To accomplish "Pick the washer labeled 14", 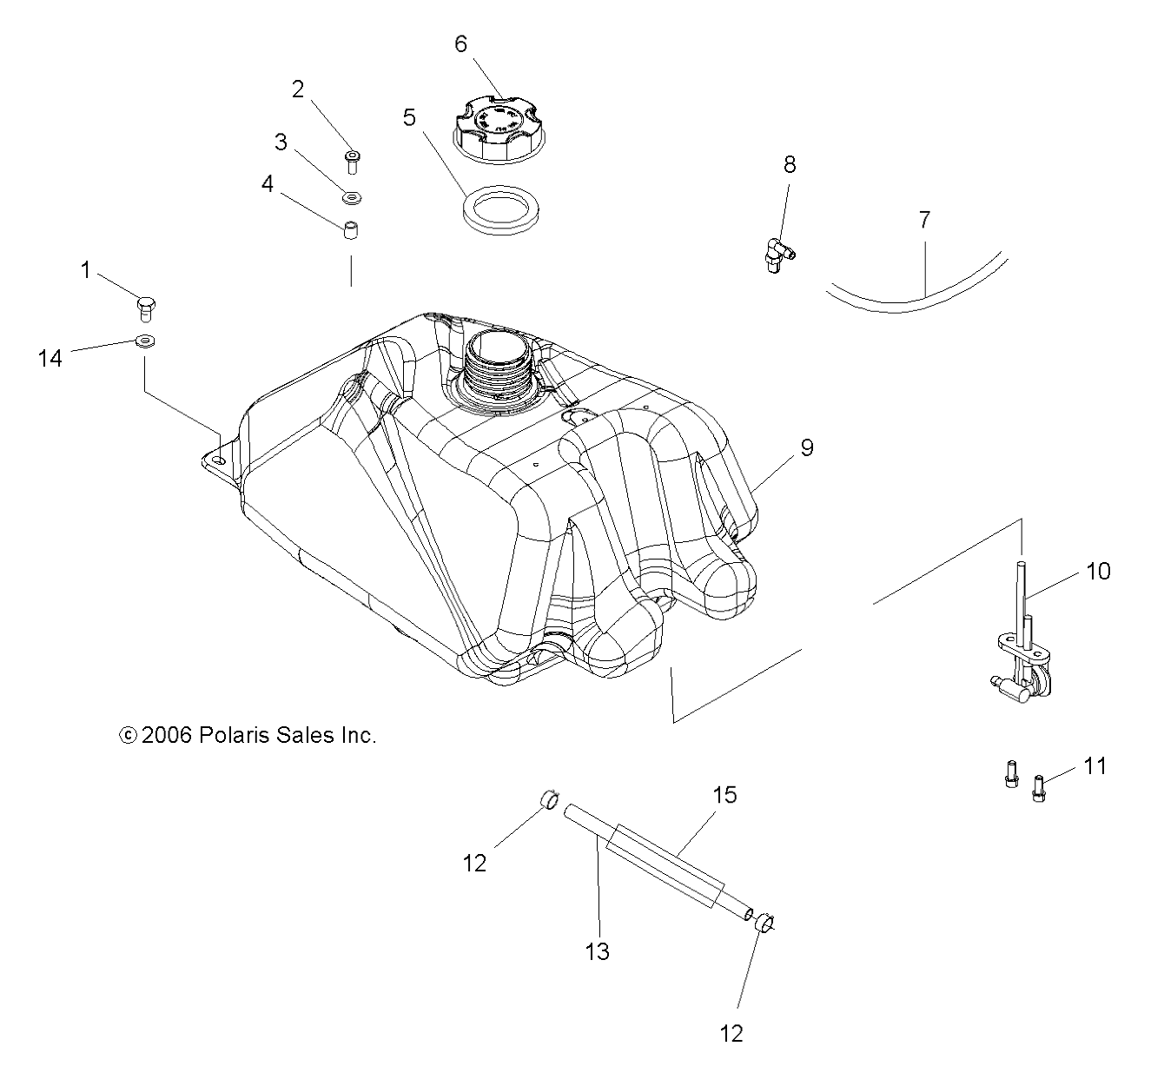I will coord(145,340).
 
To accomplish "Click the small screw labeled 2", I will coord(352,162).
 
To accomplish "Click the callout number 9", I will coord(807,448).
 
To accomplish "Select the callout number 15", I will coord(725,794).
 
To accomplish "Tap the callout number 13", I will coord(598,951).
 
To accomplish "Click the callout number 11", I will coord(1095,765).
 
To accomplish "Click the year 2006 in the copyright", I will coord(165,735).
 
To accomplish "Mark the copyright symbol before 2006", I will coord(127,735).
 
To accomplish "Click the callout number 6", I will coord(461,43).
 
